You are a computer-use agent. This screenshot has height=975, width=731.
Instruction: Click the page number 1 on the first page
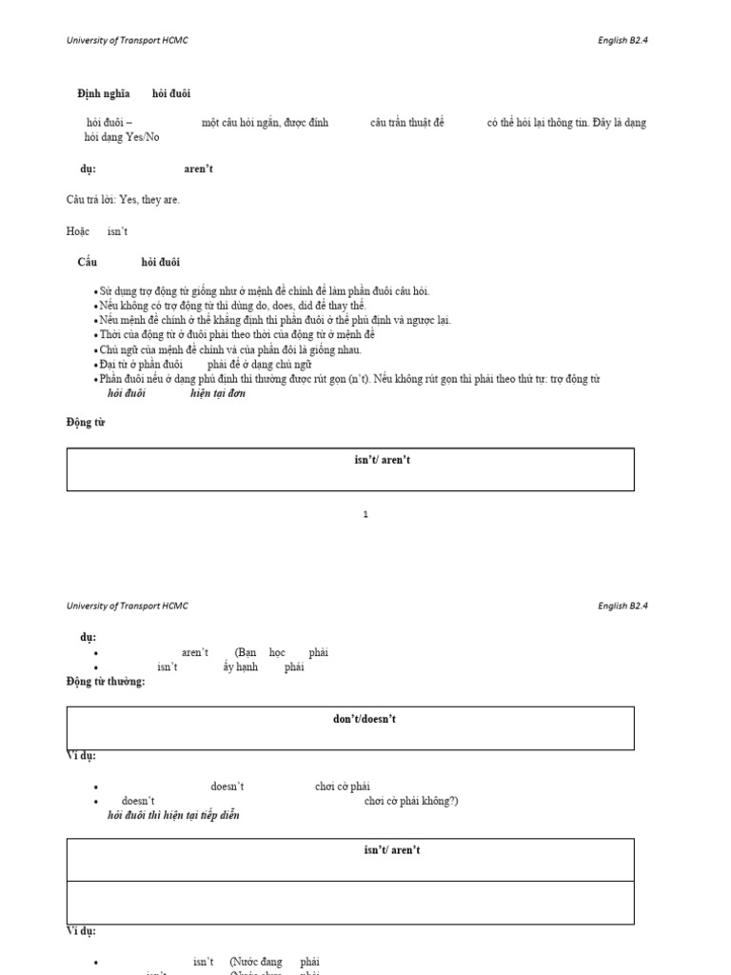point(365,515)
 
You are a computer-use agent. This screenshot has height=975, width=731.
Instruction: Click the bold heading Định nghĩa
point(104,93)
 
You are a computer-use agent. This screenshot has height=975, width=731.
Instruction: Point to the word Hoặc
point(77,231)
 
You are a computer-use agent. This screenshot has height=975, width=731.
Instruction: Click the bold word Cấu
point(88,263)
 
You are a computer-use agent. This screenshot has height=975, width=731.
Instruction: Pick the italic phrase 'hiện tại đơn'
point(218,393)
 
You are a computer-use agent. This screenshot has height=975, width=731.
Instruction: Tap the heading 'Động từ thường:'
point(106,682)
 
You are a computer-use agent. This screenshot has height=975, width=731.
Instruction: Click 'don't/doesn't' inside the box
point(365,719)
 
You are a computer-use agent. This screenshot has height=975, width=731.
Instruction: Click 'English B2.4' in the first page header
point(623,40)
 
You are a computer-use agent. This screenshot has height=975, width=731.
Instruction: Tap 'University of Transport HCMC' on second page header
point(128,606)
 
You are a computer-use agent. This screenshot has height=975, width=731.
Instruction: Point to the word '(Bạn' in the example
point(246,653)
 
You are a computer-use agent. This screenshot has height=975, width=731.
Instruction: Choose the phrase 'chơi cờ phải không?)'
point(411,801)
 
